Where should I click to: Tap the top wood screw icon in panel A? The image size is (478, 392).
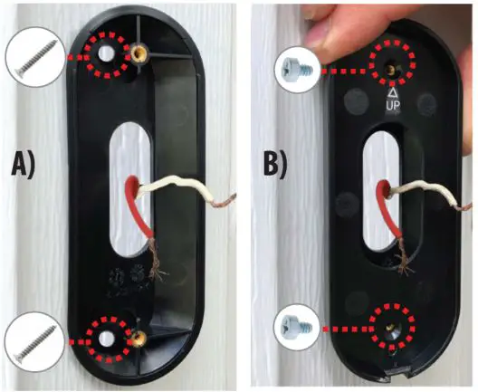coord(33,56)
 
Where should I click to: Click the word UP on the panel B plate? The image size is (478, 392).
coord(395,107)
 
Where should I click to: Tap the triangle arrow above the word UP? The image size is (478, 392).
coord(395,92)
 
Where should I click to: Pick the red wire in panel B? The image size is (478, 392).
coord(388,217)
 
